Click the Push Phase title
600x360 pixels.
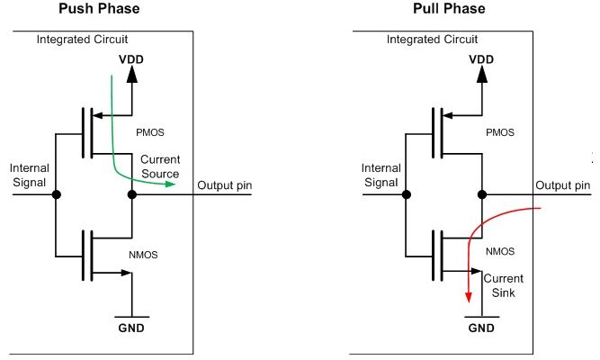[x=99, y=9]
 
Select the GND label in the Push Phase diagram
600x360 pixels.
[x=131, y=328]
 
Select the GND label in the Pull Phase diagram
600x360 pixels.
[x=482, y=328]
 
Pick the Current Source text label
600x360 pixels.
[x=159, y=166]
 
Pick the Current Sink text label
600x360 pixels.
[x=504, y=285]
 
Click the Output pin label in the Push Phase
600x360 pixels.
[x=225, y=185]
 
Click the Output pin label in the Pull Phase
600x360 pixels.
[x=563, y=185]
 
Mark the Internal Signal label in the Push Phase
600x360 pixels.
[x=29, y=175]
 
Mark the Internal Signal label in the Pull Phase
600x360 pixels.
[x=381, y=175]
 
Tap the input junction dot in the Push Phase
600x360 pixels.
[x=56, y=194]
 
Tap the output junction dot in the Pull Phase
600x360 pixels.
[x=483, y=194]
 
